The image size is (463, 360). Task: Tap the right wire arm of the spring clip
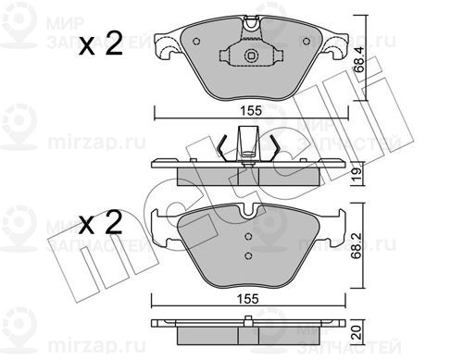coord(276,144)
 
